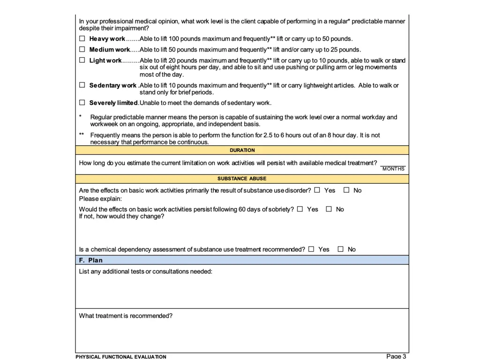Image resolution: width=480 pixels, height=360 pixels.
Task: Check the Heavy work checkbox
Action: [82, 38]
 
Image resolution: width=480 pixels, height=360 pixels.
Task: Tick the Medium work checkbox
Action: [82, 49]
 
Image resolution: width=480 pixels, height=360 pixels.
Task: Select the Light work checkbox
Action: [82, 60]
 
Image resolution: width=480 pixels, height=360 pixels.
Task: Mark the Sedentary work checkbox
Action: [82, 85]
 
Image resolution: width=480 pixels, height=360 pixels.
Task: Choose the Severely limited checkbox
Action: [82, 102]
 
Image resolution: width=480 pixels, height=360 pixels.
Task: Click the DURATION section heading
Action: [242, 150]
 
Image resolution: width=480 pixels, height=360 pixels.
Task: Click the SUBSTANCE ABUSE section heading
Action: [242, 179]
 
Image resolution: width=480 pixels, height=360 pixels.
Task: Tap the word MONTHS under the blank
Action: [393, 169]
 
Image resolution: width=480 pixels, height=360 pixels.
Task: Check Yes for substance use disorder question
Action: [317, 190]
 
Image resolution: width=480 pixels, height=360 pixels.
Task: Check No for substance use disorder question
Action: [346, 190]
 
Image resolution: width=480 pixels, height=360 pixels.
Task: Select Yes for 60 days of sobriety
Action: [300, 209]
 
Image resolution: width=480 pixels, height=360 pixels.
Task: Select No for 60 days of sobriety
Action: [329, 209]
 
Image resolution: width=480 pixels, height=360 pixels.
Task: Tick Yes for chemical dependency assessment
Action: [311, 249]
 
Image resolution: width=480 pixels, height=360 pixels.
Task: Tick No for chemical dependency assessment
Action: [341, 249]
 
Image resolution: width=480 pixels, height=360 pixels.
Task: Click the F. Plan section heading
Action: [91, 260]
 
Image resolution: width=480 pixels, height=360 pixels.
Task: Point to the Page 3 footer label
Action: [396, 356]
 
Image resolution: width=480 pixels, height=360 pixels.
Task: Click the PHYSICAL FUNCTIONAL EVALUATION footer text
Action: [121, 357]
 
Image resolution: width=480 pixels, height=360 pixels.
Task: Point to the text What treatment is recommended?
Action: [126, 316]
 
